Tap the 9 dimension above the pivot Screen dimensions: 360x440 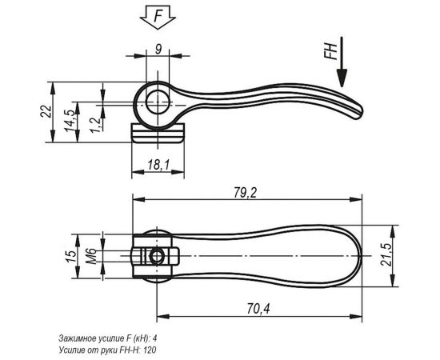[x=159, y=49]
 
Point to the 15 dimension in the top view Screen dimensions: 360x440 [x=70, y=256]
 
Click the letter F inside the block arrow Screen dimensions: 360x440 [x=158, y=14]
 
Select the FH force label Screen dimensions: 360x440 [x=328, y=52]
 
